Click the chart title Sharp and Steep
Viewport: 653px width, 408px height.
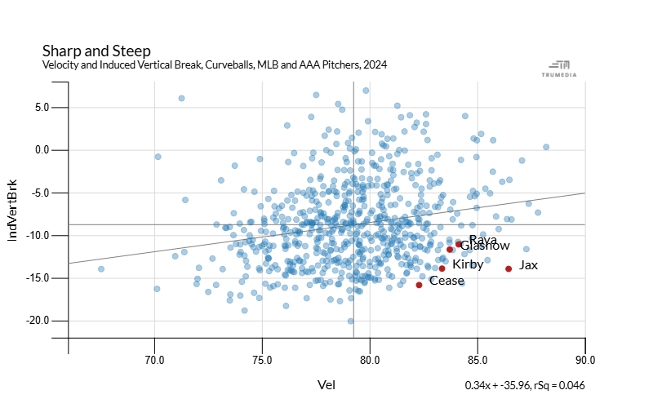pos(96,51)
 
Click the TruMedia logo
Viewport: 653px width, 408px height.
pos(559,69)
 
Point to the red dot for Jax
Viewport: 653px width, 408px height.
pos(509,268)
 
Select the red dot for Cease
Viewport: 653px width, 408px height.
pos(419,285)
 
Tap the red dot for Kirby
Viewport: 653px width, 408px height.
pos(442,268)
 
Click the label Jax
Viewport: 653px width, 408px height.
pos(529,265)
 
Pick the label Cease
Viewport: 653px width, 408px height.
pos(446,281)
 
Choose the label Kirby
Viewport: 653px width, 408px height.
pos(468,264)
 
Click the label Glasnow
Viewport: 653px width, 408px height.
pos(485,246)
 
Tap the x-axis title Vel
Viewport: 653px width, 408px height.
pos(326,384)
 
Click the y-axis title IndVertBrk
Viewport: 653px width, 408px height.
pos(13,211)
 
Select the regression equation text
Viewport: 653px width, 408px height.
pos(525,385)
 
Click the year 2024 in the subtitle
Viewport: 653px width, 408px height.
pos(375,64)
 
